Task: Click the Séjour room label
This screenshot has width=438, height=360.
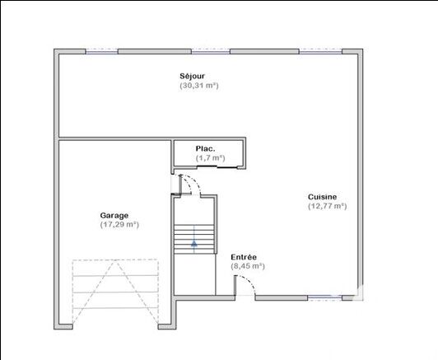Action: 192,76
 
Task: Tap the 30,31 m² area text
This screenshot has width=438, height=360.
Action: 199,85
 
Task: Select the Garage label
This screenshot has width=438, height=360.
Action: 114,216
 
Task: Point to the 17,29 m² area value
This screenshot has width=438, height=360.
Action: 119,224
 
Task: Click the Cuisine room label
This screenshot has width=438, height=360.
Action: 322,197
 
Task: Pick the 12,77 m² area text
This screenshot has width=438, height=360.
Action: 328,206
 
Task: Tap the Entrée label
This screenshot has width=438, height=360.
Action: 244,257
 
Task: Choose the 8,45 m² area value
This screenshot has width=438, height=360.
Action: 248,266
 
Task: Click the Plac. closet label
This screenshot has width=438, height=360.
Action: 205,148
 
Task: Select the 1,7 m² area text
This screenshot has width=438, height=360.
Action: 210,158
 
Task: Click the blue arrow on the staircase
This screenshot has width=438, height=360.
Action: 194,244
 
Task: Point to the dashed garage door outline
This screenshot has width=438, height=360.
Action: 115,291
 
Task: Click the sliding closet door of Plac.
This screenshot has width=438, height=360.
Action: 217,167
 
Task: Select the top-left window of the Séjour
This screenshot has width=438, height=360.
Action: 101,51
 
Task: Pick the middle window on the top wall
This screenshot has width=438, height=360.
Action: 211,51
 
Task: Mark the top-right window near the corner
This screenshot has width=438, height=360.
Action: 321,51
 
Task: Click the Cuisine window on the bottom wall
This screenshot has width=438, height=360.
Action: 325,298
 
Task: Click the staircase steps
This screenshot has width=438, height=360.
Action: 194,239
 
